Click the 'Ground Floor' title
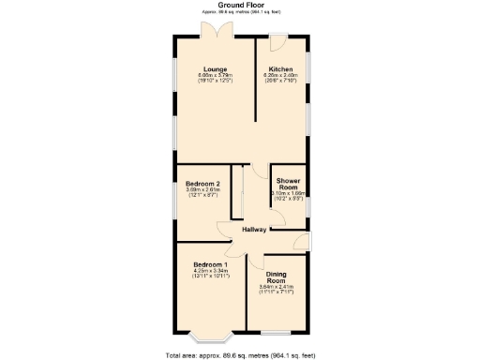click(240, 5)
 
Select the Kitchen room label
click(281, 69)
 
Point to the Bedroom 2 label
click(202, 183)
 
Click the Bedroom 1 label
click(202, 265)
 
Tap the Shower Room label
click(288, 183)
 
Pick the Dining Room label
click(276, 277)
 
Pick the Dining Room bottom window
click(276, 330)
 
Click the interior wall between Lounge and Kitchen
click(257, 84)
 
